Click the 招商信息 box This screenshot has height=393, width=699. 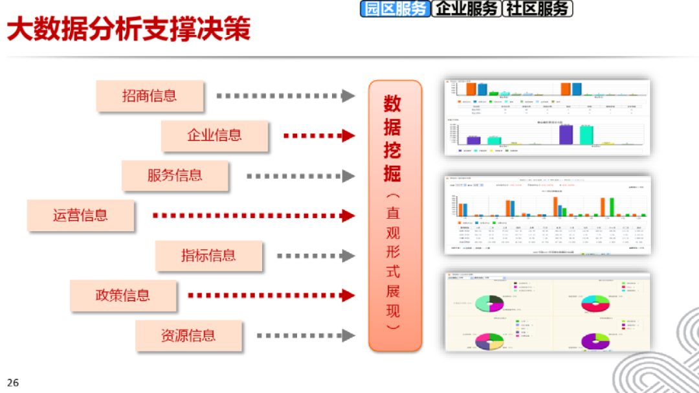(150, 96)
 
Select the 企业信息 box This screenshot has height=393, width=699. (214, 135)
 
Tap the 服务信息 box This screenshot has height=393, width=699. (175, 175)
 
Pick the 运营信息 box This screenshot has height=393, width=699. (80, 215)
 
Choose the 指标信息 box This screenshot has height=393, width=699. (208, 256)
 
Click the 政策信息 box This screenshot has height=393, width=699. (123, 296)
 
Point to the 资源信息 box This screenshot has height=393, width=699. (188, 336)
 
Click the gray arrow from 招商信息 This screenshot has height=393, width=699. (285, 96)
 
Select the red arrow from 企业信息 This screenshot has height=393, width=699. (319, 136)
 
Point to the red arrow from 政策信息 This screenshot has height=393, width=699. (271, 296)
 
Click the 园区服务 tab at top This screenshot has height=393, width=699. (395, 8)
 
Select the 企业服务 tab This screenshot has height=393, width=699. (467, 8)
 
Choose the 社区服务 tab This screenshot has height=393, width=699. (538, 8)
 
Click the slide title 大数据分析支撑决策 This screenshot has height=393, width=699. (128, 30)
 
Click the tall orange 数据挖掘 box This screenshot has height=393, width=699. (395, 216)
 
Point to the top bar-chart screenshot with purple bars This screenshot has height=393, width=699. (547, 117)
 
